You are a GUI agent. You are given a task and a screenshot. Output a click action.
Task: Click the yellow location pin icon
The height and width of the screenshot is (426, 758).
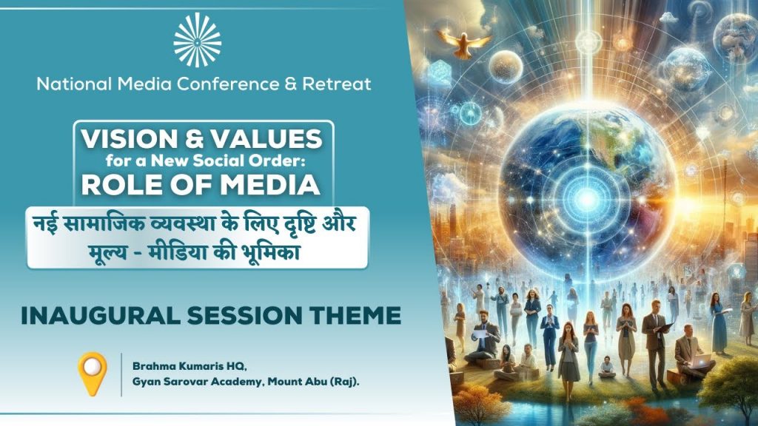coord(93,373)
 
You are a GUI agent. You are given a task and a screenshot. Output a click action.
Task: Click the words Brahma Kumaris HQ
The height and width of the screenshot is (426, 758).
coord(173,366)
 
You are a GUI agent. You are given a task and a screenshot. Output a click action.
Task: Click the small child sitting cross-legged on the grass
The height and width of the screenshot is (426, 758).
coord(606,365)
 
